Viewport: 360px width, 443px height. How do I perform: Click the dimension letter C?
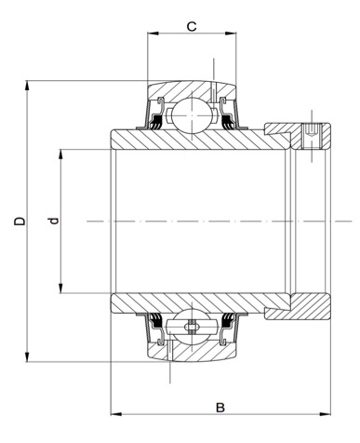click(x=192, y=26)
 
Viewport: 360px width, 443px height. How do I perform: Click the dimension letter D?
click(x=20, y=221)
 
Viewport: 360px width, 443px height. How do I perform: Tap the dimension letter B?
click(x=220, y=408)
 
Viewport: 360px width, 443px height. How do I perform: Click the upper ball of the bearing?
click(x=193, y=115)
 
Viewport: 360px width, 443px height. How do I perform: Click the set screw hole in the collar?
click(x=312, y=135)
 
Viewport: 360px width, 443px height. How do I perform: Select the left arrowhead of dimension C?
click(x=153, y=34)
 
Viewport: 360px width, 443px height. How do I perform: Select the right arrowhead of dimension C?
click(x=231, y=34)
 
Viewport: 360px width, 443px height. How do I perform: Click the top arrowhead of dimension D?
click(x=27, y=87)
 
